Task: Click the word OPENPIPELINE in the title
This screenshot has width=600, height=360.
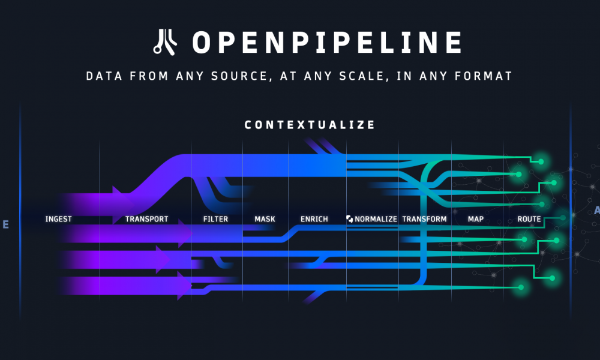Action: click(x=327, y=43)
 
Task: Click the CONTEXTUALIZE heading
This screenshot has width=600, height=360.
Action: click(x=310, y=125)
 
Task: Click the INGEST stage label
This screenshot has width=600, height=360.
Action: click(x=58, y=219)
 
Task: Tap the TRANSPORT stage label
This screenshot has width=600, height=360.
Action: click(x=146, y=219)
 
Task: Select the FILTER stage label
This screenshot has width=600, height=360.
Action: click(x=215, y=219)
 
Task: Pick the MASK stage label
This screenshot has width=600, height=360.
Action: click(x=265, y=219)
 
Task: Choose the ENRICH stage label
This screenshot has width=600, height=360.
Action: click(x=314, y=219)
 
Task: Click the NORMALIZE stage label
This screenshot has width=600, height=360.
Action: click(x=376, y=219)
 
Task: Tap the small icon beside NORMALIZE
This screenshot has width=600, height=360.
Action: click(x=350, y=219)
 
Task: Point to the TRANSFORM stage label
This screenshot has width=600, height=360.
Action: click(x=424, y=219)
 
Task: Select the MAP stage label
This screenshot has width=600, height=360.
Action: click(x=476, y=219)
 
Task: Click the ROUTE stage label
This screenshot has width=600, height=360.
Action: click(x=529, y=219)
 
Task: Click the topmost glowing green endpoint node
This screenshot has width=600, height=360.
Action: click(x=541, y=161)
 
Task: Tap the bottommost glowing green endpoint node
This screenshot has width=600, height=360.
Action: click(x=520, y=287)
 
